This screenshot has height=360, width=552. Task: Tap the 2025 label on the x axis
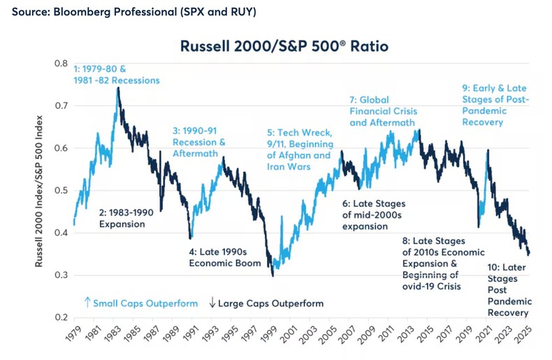coord(528,338)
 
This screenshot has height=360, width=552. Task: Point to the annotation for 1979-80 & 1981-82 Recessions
coord(117,74)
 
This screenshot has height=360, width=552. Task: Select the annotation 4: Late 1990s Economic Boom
coord(225,257)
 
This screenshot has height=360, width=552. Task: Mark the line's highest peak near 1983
coord(118,89)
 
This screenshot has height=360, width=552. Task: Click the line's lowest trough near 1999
coord(273,275)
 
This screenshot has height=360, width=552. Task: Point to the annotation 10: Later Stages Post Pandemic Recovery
coord(508,289)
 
